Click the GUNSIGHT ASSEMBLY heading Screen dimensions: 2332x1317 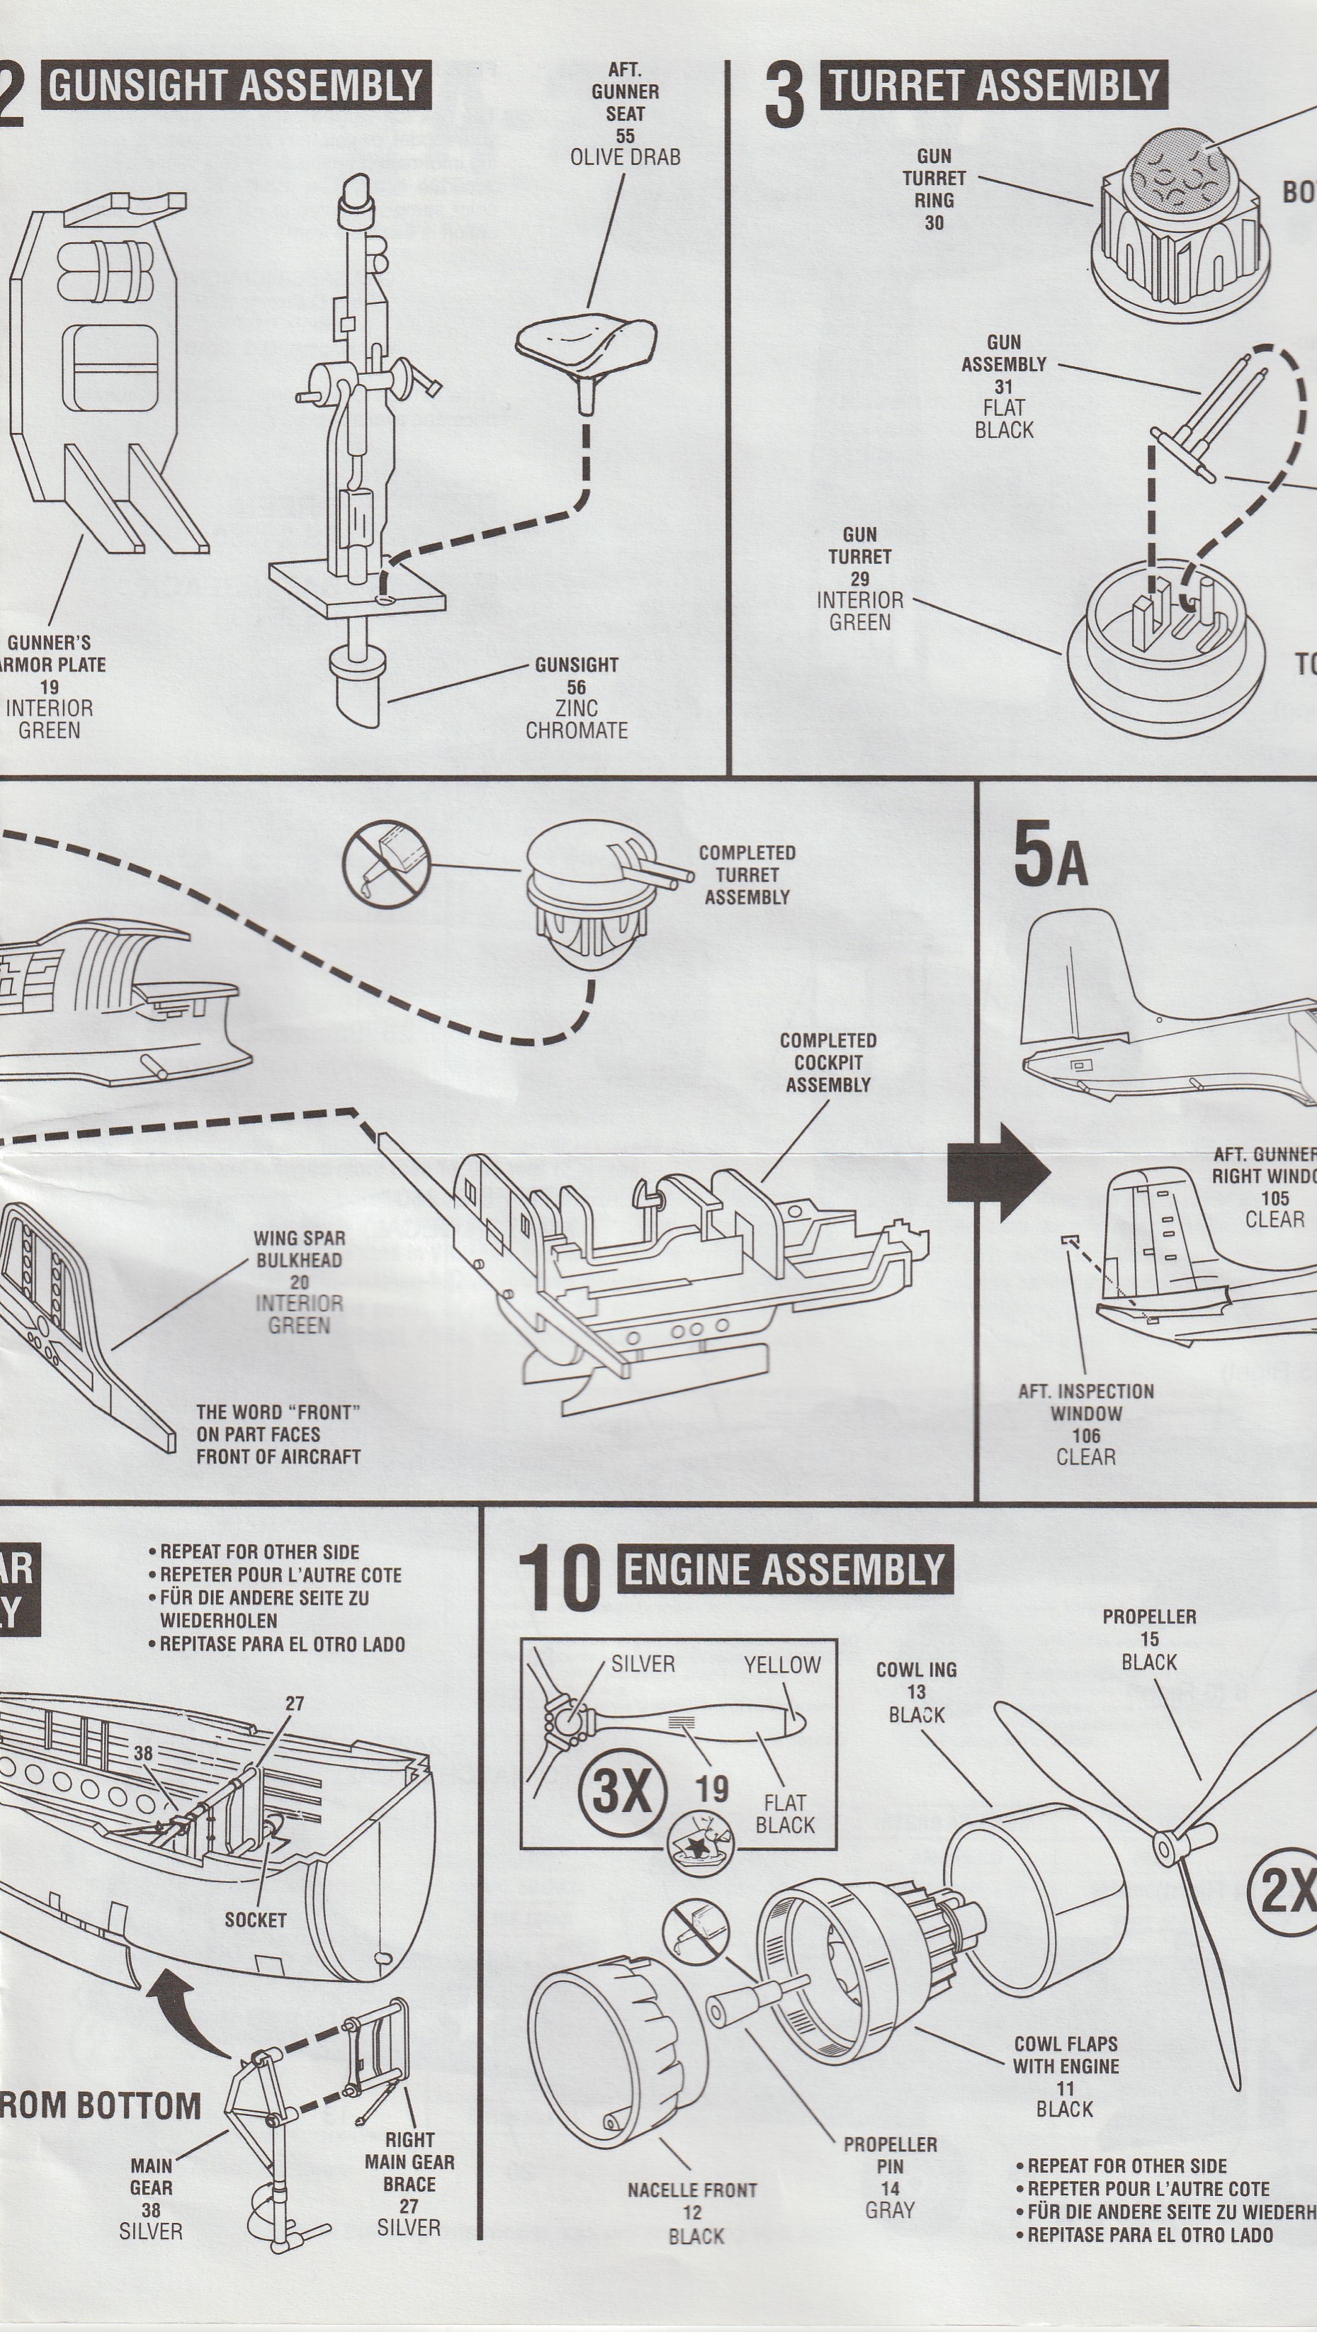pos(235,85)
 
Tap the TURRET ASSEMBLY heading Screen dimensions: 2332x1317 pos(993,85)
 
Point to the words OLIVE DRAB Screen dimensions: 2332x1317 pos(625,157)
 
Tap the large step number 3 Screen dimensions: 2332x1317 pos(783,95)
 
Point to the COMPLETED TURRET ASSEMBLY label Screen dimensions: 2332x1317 pos(747,874)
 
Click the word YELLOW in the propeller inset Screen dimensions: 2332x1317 pos(782,1664)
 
